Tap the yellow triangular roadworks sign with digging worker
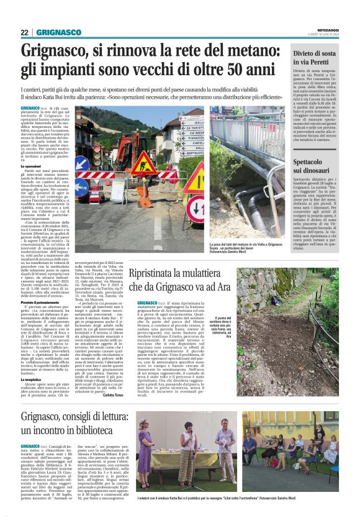[143, 163]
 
